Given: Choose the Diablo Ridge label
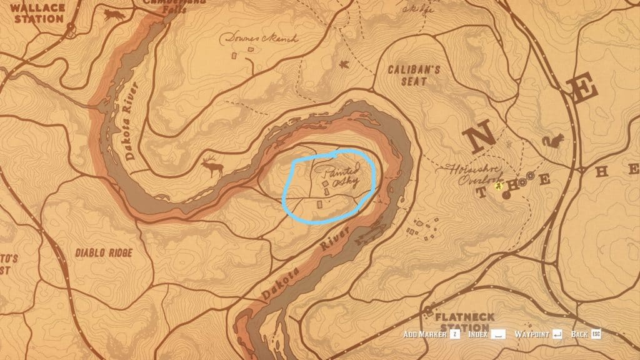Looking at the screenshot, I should click(103, 253).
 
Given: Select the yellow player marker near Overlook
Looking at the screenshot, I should click(499, 185).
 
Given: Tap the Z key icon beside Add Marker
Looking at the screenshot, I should click(454, 334).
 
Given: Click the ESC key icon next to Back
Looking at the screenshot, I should click(596, 334).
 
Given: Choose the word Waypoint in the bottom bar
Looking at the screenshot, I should click(532, 334).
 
